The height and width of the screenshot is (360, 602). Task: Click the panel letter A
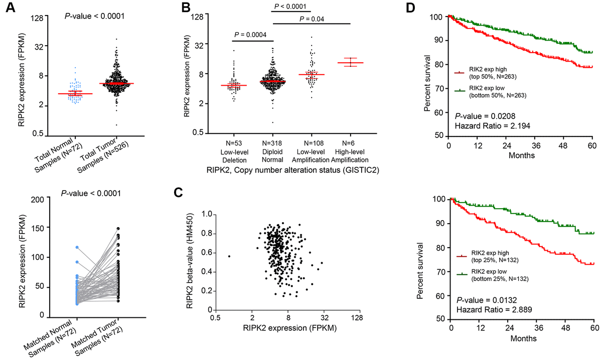(8, 8)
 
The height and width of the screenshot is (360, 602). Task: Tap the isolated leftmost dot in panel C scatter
(229, 256)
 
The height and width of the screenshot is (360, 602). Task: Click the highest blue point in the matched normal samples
(77, 247)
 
